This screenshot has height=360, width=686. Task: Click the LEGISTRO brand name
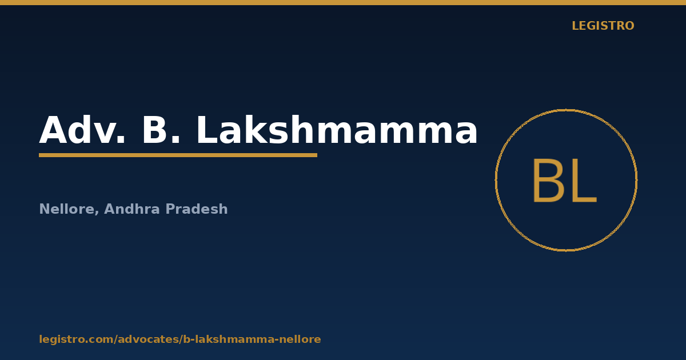[603, 26]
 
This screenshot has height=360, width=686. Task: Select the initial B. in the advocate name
[161, 130]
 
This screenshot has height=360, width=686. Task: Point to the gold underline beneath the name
[178, 155]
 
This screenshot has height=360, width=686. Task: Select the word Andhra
[132, 209]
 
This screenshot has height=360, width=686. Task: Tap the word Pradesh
[197, 209]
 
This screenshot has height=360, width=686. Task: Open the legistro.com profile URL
[180, 339]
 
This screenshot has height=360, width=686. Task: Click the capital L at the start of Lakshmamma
[207, 130]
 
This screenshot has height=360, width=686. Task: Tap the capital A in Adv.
[53, 130]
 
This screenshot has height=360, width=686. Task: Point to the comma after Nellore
[97, 212]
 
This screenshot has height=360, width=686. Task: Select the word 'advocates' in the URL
[148, 339]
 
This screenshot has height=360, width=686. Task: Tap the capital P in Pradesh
[170, 209]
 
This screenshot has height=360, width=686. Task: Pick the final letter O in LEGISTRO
[629, 26]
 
